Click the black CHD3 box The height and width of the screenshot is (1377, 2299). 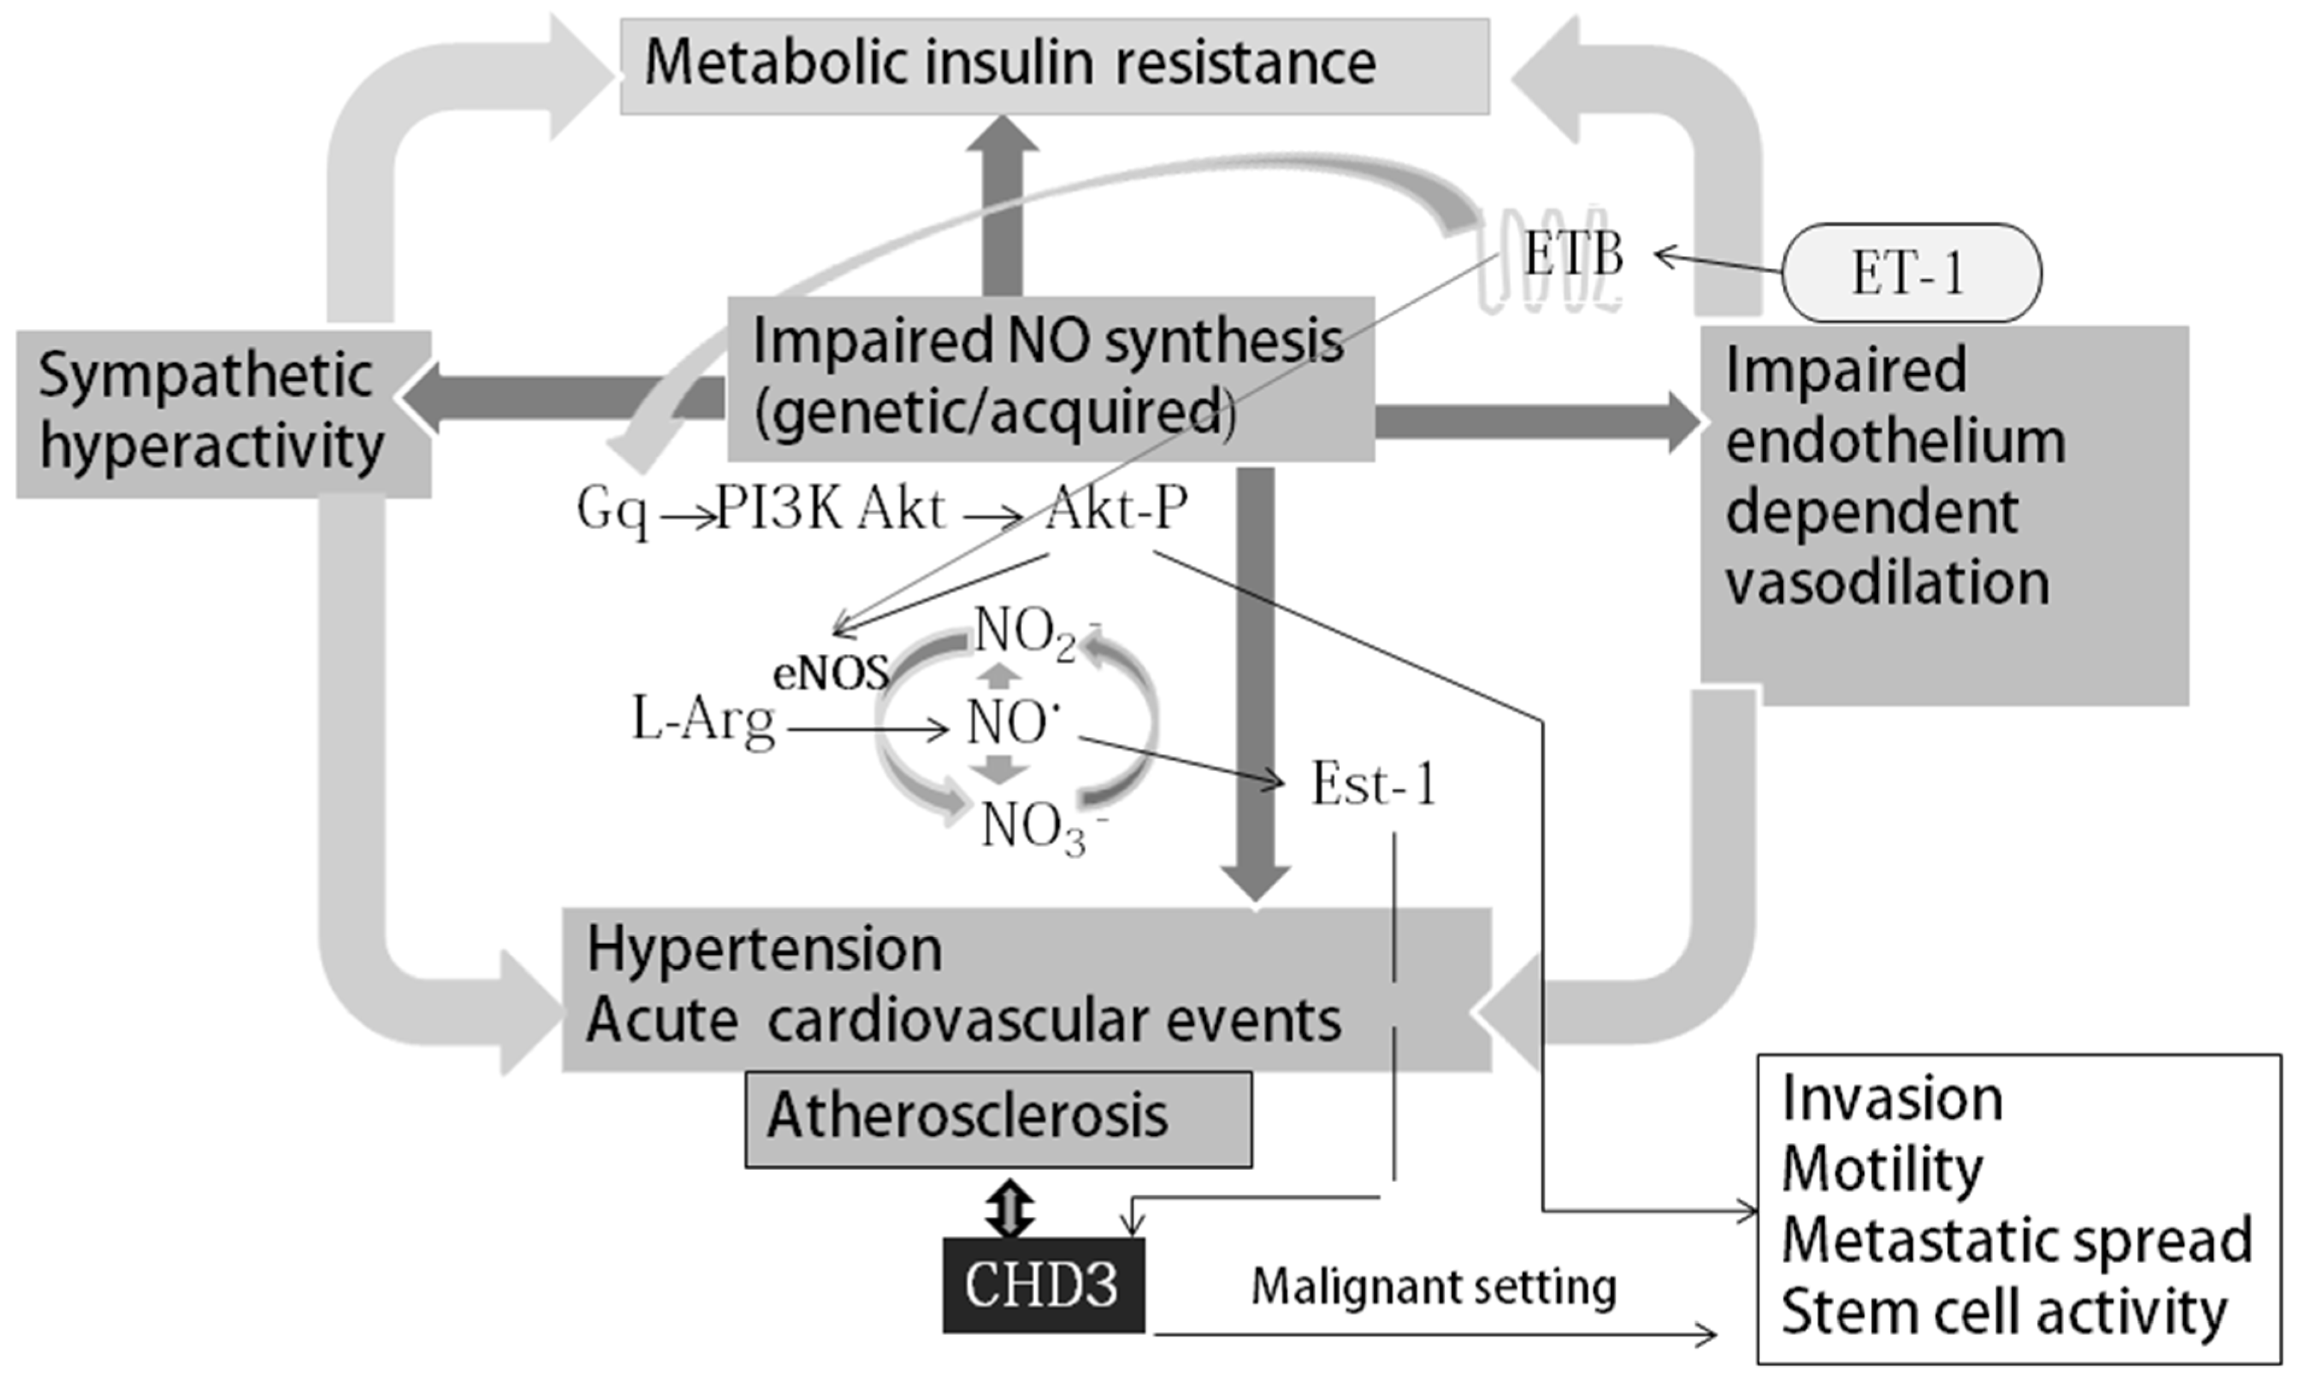tap(1043, 1285)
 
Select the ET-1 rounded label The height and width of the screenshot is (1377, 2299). tap(1910, 273)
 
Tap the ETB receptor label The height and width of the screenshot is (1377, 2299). tap(1574, 254)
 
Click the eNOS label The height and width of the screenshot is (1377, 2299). tap(830, 673)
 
